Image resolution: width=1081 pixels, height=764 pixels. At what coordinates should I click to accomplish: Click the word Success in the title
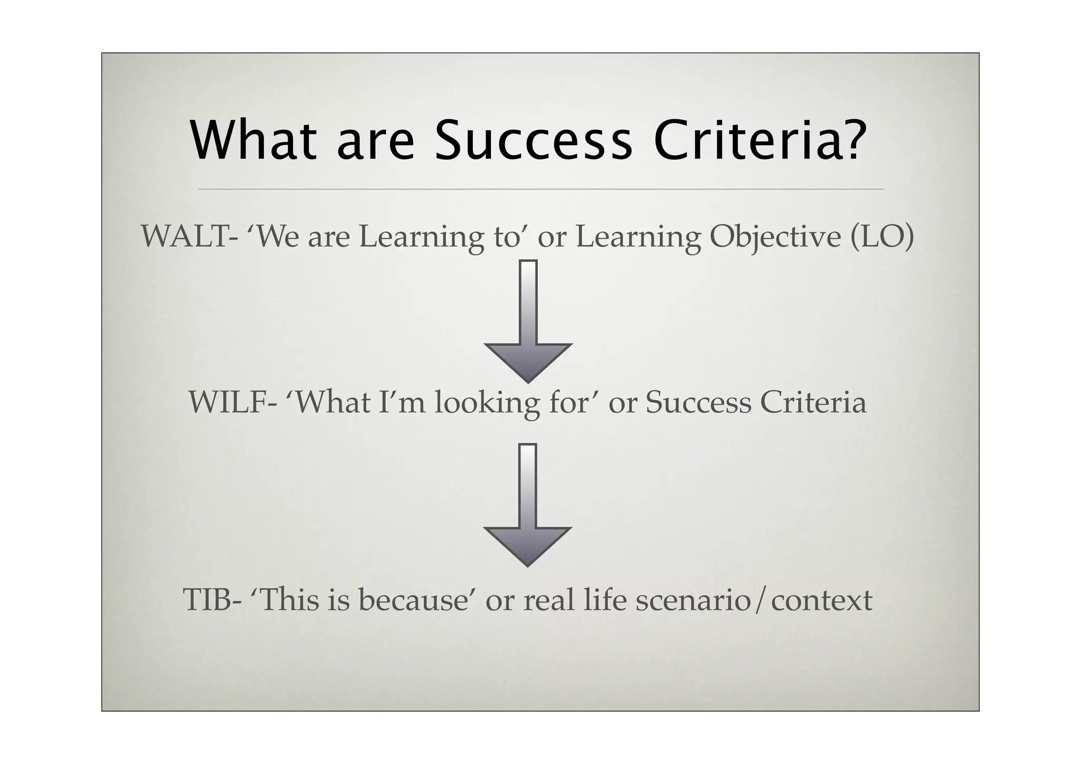[x=533, y=142]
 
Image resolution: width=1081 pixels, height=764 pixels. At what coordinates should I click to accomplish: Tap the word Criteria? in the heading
[x=761, y=142]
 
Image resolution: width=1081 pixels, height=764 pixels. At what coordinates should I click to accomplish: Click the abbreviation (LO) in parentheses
[x=882, y=237]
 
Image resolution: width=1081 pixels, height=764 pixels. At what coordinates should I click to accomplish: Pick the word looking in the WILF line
[x=487, y=404]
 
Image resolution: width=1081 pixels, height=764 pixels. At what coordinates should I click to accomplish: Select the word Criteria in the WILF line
[x=813, y=403]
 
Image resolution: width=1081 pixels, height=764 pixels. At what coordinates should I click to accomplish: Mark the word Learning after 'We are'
[x=421, y=238]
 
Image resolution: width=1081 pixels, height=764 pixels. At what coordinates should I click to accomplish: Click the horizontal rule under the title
[x=540, y=188]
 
